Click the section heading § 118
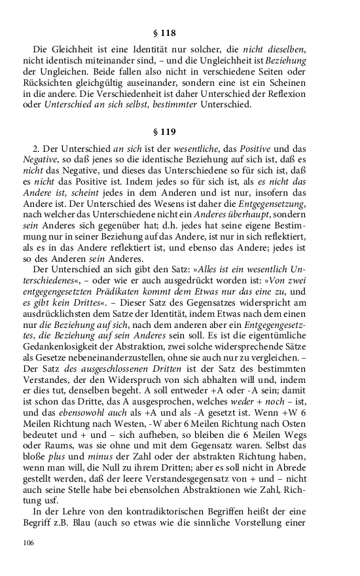pyautogui.click(x=179, y=31)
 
